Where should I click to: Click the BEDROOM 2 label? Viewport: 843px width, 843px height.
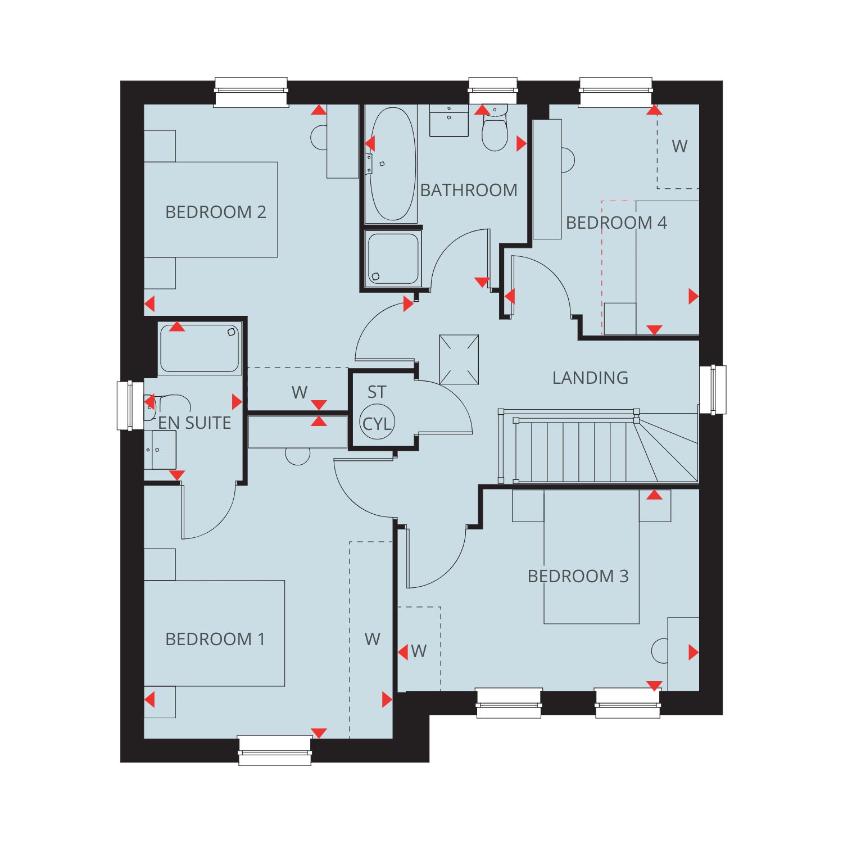click(x=216, y=212)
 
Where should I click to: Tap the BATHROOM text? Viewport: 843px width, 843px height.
click(x=469, y=190)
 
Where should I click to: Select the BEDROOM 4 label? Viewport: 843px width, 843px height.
click(x=616, y=223)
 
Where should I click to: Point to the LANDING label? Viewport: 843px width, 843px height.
click(x=590, y=378)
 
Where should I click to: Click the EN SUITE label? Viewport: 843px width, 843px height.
click(x=194, y=423)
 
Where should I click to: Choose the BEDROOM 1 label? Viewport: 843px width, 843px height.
click(x=215, y=639)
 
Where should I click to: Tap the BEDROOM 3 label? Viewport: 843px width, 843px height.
click(x=578, y=576)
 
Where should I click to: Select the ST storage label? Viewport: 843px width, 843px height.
click(x=377, y=392)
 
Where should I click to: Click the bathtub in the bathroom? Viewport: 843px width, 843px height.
click(x=393, y=164)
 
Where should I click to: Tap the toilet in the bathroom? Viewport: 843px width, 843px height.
click(x=495, y=129)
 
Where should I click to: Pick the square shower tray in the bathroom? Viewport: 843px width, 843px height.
click(x=392, y=259)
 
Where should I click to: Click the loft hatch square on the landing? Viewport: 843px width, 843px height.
click(x=459, y=360)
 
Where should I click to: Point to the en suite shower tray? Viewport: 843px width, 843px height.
click(x=200, y=348)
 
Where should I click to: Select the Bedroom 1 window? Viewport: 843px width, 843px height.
click(x=274, y=751)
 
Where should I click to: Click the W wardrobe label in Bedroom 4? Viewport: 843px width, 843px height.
click(x=679, y=146)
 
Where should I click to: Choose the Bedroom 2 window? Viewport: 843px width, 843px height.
click(x=251, y=92)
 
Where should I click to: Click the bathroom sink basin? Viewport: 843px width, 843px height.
click(x=449, y=120)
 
